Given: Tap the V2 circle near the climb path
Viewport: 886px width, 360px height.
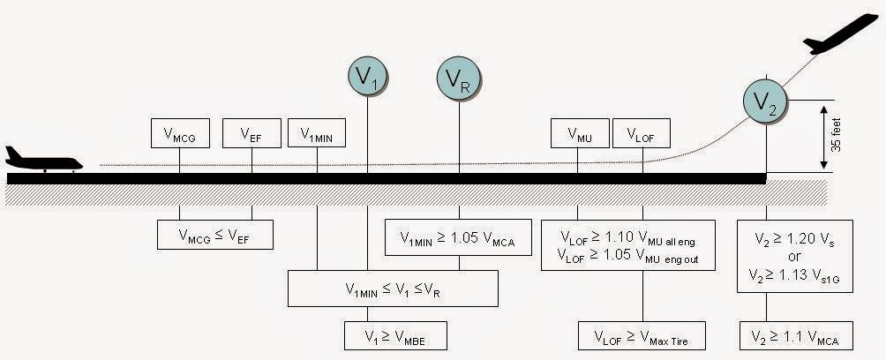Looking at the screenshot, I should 765,101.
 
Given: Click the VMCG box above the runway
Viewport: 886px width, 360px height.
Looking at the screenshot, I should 180,134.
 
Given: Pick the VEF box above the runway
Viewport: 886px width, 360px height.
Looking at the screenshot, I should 252,134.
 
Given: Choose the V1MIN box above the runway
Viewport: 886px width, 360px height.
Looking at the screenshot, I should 317,134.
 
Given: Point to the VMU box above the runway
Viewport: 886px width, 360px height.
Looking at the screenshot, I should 578,134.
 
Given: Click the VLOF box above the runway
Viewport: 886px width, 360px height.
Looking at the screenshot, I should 642,134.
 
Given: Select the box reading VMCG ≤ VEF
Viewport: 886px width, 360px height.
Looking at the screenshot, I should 214,234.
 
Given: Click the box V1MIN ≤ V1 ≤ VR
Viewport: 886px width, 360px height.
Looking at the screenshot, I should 393,288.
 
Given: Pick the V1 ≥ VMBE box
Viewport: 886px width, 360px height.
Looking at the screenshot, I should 395,335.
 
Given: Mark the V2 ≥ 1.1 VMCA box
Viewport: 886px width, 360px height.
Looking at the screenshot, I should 795,335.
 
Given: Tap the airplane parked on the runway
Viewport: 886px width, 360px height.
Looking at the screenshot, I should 42,160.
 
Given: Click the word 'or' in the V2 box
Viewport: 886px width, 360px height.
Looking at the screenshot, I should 795,256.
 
